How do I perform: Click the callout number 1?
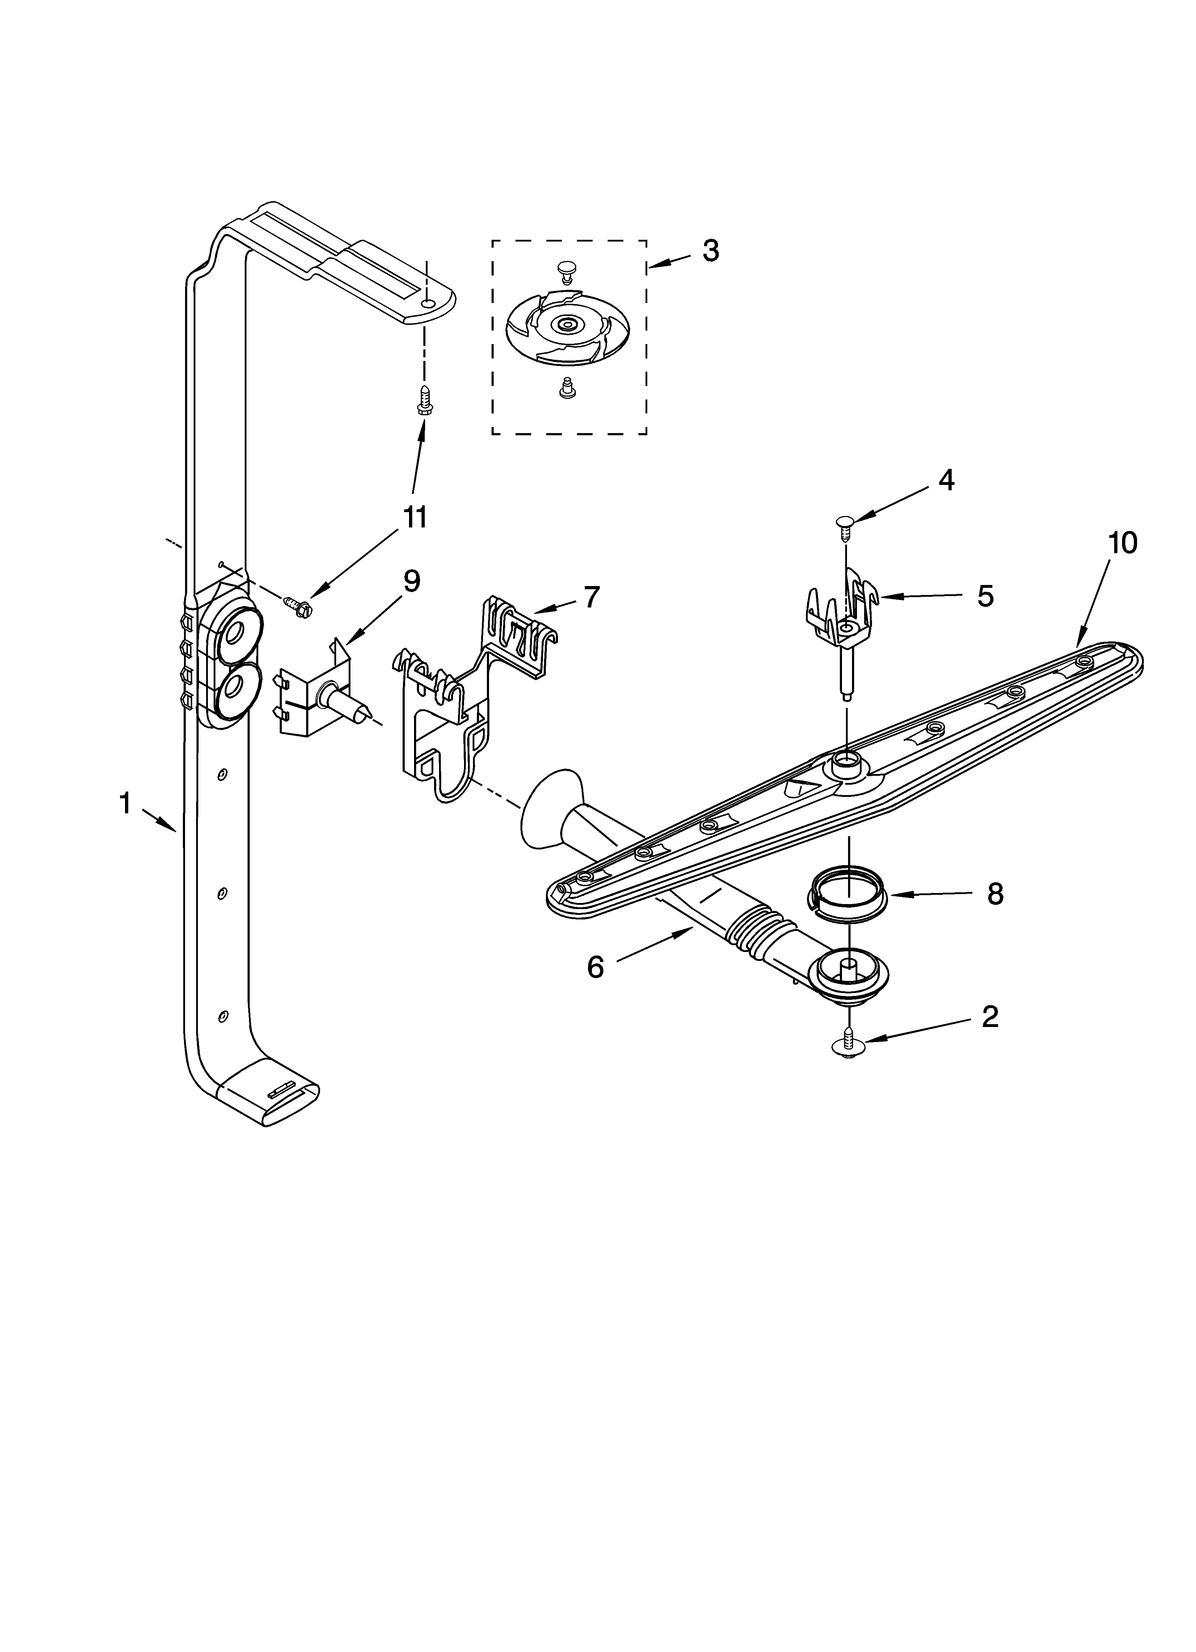125,804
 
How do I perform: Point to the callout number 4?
946,480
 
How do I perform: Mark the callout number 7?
591,597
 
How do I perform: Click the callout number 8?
995,894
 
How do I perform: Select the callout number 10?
1122,543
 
